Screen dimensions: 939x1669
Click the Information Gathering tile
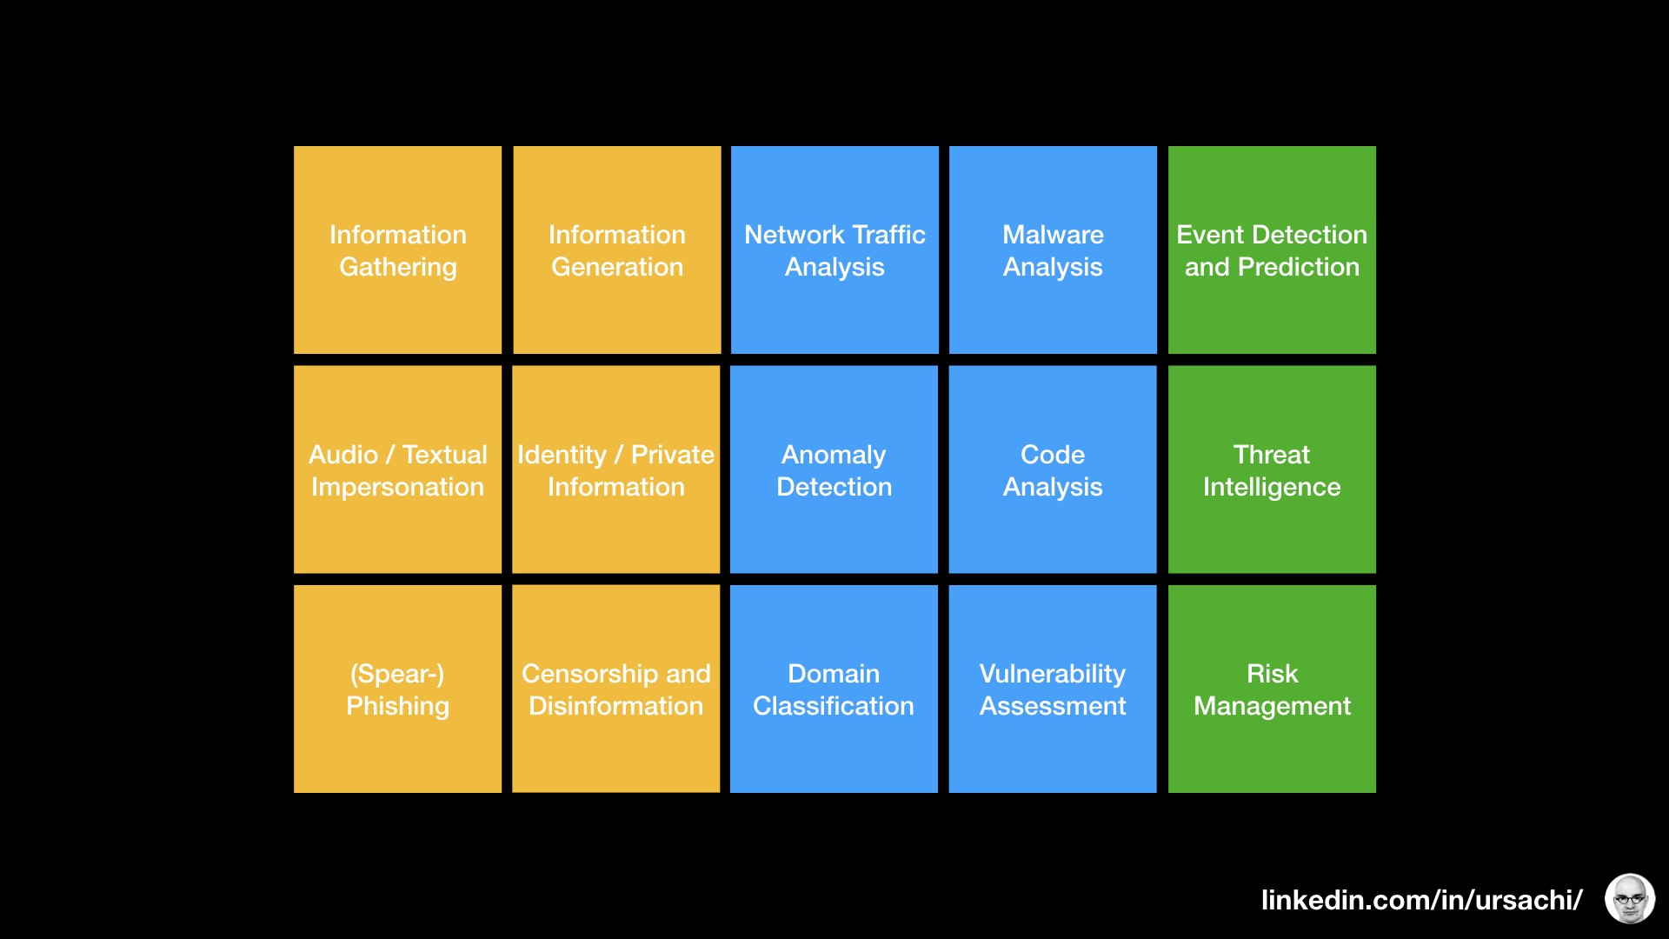tap(397, 250)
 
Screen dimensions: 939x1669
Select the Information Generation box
tap(617, 250)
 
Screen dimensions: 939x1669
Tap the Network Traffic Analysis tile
tap(834, 250)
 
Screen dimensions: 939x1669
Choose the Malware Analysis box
tap(1053, 250)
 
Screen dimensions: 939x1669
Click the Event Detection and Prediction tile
tap(1272, 250)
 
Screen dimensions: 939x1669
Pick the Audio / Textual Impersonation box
tap(397, 469)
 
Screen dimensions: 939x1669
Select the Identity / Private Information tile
tap(615, 469)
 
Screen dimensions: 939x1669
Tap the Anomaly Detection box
tap(834, 469)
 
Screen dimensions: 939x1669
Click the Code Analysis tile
tap(1053, 469)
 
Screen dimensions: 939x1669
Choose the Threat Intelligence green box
tap(1272, 469)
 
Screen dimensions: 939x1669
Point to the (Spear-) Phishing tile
tap(397, 689)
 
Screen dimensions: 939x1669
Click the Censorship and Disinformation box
tap(615, 689)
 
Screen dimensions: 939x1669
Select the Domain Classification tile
tap(834, 689)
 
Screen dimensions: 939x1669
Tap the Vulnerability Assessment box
tap(1053, 689)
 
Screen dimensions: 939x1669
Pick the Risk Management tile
tap(1272, 689)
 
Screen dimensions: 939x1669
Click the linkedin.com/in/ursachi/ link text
tap(1421, 900)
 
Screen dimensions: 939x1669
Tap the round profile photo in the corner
tap(1629, 898)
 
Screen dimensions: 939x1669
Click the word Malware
tap(1053, 235)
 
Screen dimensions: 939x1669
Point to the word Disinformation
tap(615, 706)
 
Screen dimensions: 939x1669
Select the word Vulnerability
tap(1052, 674)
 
